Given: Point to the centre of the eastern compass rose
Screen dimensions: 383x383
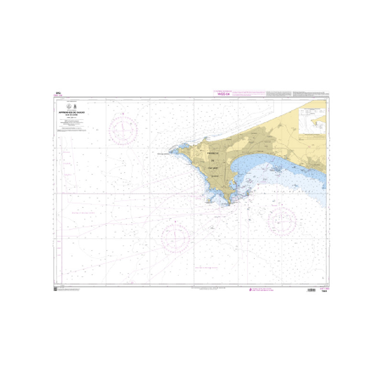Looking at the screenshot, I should (282, 221).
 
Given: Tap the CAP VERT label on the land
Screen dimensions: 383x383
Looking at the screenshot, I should (214, 169).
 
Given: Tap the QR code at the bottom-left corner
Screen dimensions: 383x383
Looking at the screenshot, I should (55, 290).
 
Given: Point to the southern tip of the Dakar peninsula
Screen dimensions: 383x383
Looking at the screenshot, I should (230, 204).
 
